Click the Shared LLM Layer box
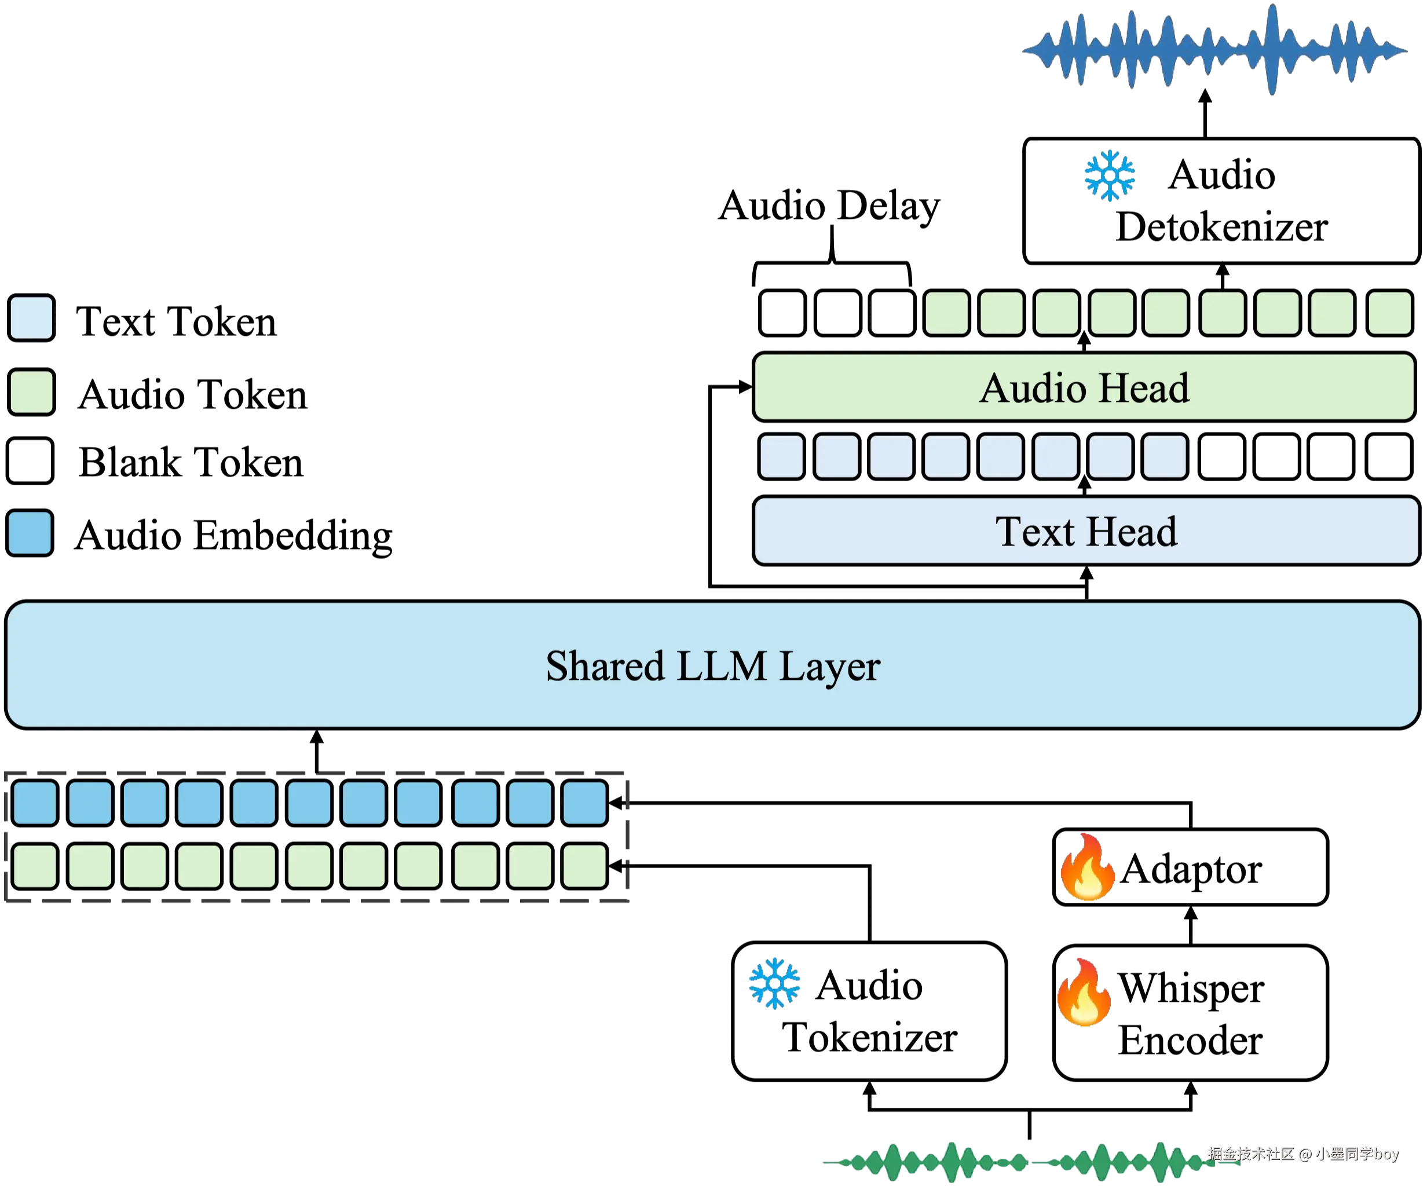pyautogui.click(x=712, y=665)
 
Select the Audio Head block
pyautogui.click(x=1085, y=387)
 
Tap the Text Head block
pyautogui.click(x=1086, y=531)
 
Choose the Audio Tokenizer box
pyautogui.click(x=869, y=1011)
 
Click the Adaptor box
pyautogui.click(x=1191, y=868)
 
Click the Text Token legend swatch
pyautogui.click(x=31, y=317)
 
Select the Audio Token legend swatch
pyautogui.click(x=31, y=392)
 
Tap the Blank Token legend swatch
pyautogui.click(x=30, y=461)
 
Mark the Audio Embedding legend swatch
pyautogui.click(x=31, y=533)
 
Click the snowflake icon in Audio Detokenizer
pyautogui.click(x=1109, y=176)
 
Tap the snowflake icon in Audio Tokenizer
pyautogui.click(x=774, y=983)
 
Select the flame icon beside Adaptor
pyautogui.click(x=1086, y=868)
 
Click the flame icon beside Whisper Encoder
pyautogui.click(x=1083, y=992)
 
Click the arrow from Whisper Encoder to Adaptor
pyautogui.click(x=1191, y=924)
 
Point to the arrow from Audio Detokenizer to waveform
pyautogui.click(x=1204, y=113)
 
